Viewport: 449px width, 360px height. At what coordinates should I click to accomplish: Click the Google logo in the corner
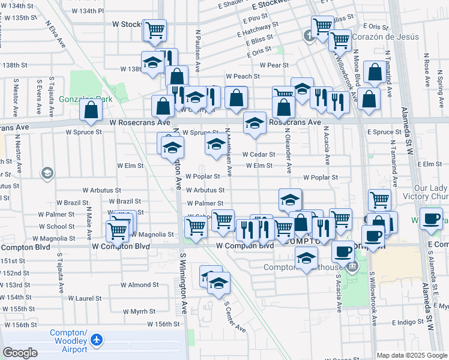pos(20,353)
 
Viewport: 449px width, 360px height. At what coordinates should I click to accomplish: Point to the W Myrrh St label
pos(139,311)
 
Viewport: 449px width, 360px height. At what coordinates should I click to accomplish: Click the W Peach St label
pos(243,76)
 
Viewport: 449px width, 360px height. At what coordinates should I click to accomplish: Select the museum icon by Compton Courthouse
pos(352,266)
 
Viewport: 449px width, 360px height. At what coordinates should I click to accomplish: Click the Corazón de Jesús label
pos(375,37)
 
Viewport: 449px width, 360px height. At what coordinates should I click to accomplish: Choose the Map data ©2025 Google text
pos(412,355)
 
